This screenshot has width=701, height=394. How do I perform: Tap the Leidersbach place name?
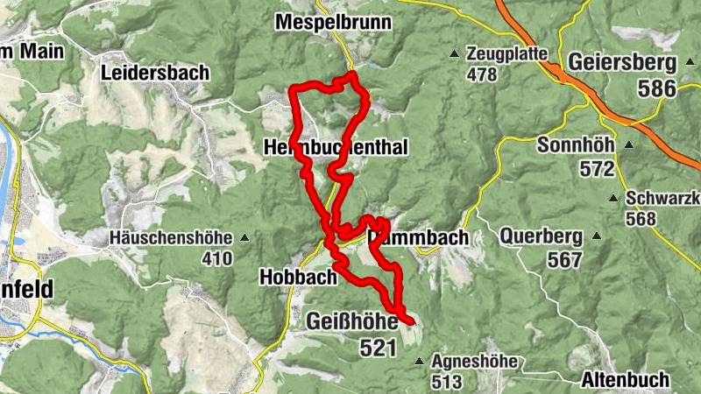tap(155, 72)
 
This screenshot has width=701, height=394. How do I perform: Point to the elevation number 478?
tap(482, 75)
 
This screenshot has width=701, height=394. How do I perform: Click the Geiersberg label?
tap(622, 63)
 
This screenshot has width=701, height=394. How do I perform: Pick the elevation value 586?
tap(657, 88)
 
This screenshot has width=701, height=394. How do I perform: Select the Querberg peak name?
tap(541, 236)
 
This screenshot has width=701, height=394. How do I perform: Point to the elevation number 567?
tap(564, 260)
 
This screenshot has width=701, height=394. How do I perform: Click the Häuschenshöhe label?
tap(170, 237)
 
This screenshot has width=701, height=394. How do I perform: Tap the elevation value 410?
tap(216, 258)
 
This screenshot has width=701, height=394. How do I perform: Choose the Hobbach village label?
tap(298, 278)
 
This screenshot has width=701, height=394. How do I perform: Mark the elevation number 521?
tap(378, 348)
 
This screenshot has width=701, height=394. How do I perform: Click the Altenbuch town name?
tap(625, 380)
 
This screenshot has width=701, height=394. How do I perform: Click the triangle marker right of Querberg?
tap(597, 236)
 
